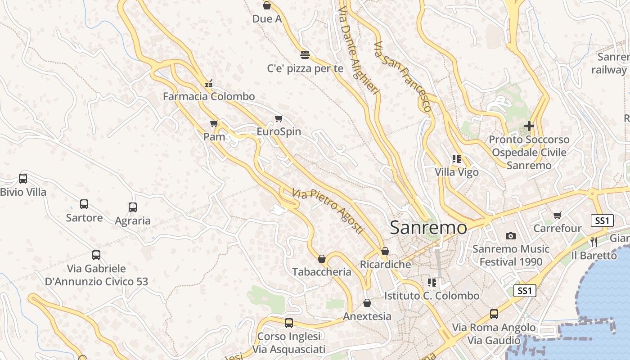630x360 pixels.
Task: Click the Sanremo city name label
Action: [x=428, y=227]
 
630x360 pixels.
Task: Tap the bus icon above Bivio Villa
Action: [x=23, y=178]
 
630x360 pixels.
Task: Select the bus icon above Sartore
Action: [x=84, y=204]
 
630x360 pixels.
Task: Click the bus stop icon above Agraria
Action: [x=132, y=207]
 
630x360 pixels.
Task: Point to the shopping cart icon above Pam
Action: [x=214, y=123]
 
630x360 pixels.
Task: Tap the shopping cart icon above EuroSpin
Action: [x=279, y=119]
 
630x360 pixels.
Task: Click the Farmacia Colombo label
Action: [x=209, y=96]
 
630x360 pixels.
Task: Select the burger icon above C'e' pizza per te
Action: [x=305, y=55]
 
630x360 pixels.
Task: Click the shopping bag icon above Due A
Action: [x=266, y=5]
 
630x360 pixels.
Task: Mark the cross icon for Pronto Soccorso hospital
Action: [x=529, y=126]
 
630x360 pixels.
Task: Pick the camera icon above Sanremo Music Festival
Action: [x=510, y=236]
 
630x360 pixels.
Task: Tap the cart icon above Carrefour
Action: [x=558, y=216]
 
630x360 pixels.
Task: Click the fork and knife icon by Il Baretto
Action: [x=594, y=242]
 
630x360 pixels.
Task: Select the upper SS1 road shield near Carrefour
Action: [x=602, y=220]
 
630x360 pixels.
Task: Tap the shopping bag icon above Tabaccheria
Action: [x=322, y=259]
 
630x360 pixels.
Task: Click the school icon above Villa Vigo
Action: [x=457, y=159]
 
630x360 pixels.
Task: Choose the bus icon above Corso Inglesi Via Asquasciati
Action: [x=289, y=323]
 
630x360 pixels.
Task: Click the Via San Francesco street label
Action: [x=403, y=76]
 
